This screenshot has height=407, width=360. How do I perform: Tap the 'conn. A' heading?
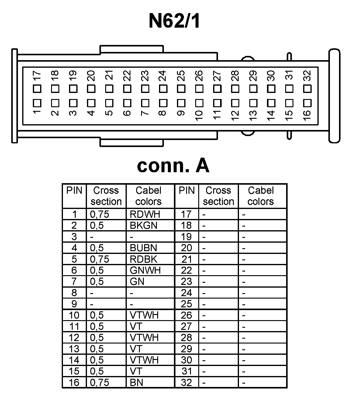tap(173, 166)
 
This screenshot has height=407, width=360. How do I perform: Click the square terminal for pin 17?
tap(37, 89)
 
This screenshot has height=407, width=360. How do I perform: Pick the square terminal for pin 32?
tap(307, 89)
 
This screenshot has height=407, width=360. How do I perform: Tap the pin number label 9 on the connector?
tap(181, 113)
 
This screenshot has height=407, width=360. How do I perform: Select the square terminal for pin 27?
tap(217, 89)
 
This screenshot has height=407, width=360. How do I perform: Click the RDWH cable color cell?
tap(145, 214)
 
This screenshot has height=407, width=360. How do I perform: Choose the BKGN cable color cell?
tap(144, 225)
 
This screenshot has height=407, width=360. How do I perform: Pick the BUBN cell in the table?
tap(144, 248)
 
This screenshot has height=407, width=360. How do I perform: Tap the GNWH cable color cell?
tap(145, 270)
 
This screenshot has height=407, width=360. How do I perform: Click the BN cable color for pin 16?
tap(137, 382)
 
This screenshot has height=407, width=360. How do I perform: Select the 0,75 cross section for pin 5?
tap(99, 259)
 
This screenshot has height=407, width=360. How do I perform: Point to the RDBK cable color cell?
tap(144, 259)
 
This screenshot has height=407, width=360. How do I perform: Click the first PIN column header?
tap(74, 190)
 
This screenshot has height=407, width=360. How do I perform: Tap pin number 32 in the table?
tap(186, 382)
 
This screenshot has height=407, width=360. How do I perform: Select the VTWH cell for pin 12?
tap(144, 337)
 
